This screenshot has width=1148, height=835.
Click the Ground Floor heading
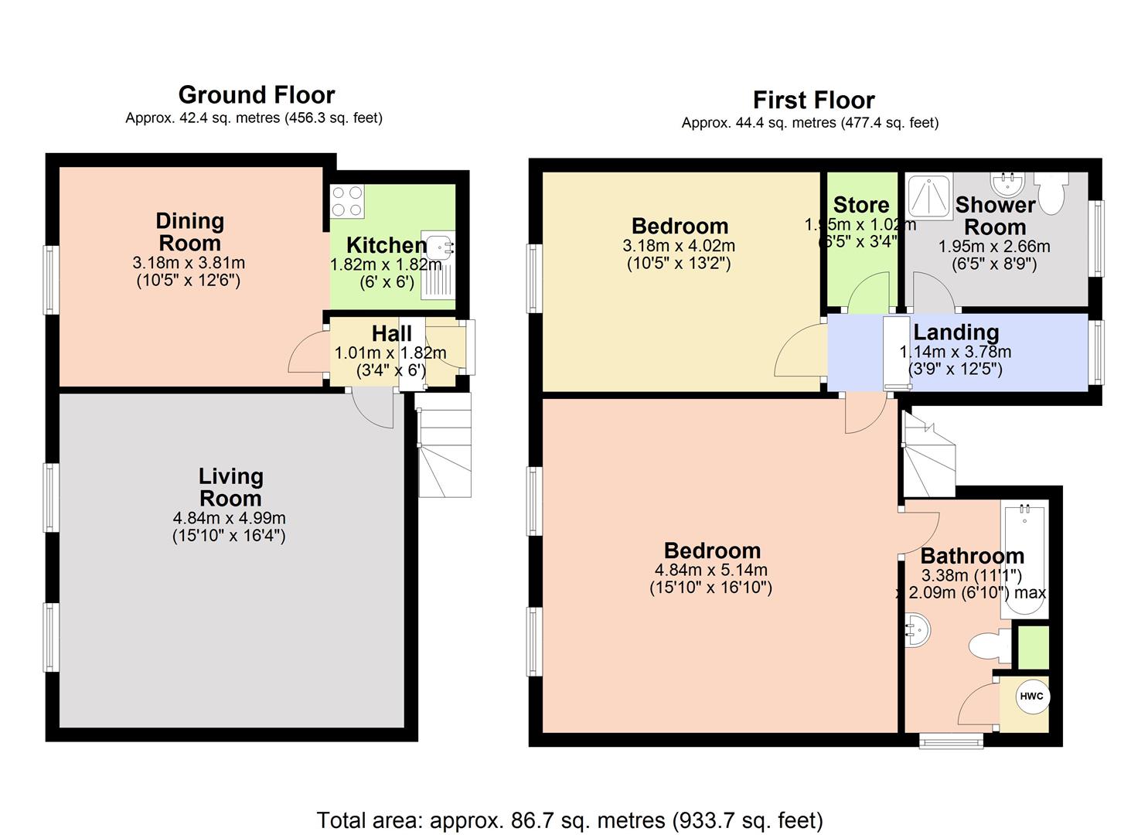tap(256, 95)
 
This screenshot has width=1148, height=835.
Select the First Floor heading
tap(813, 100)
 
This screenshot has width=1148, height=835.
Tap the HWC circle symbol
tap(1030, 696)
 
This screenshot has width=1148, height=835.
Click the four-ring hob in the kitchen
tap(347, 201)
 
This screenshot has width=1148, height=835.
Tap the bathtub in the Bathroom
tap(1024, 561)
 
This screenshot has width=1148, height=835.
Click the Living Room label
tap(230, 487)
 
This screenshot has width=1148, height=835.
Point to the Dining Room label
tap(189, 231)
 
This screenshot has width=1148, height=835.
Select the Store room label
tap(860, 205)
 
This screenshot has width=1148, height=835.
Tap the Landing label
tap(956, 332)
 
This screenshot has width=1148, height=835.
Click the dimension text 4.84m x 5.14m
tap(711, 571)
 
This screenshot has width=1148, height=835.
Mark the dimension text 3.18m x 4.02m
tap(679, 246)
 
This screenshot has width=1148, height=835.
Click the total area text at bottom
tap(570, 820)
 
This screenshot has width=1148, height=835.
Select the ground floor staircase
tap(445, 445)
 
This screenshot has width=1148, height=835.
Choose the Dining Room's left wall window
tap(51, 279)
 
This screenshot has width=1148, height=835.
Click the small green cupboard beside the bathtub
tap(1033, 647)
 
